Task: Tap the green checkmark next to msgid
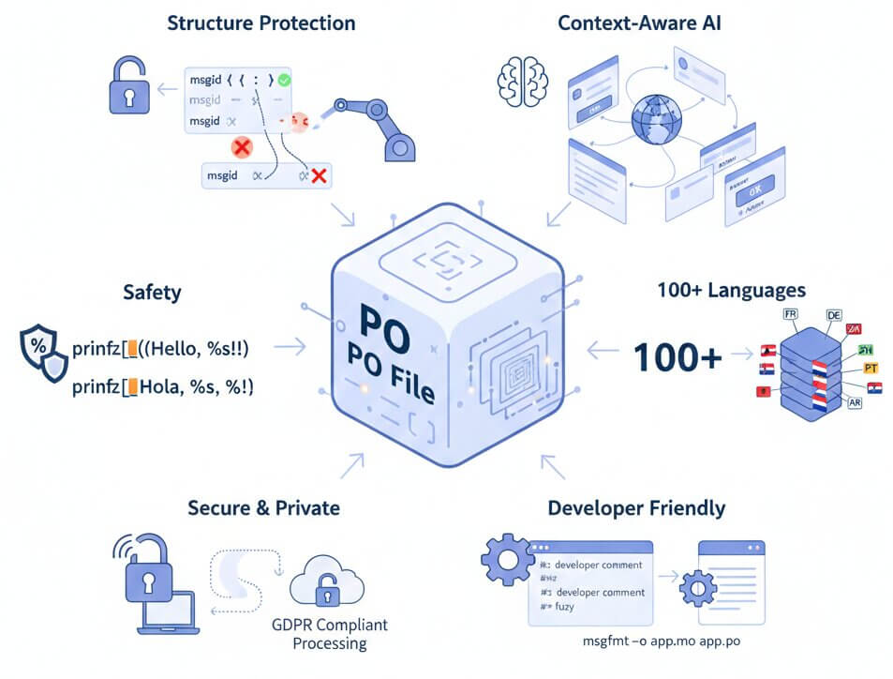(285, 82)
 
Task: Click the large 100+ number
(677, 355)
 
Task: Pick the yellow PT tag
(871, 368)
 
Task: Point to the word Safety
(152, 293)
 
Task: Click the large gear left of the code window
(506, 564)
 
